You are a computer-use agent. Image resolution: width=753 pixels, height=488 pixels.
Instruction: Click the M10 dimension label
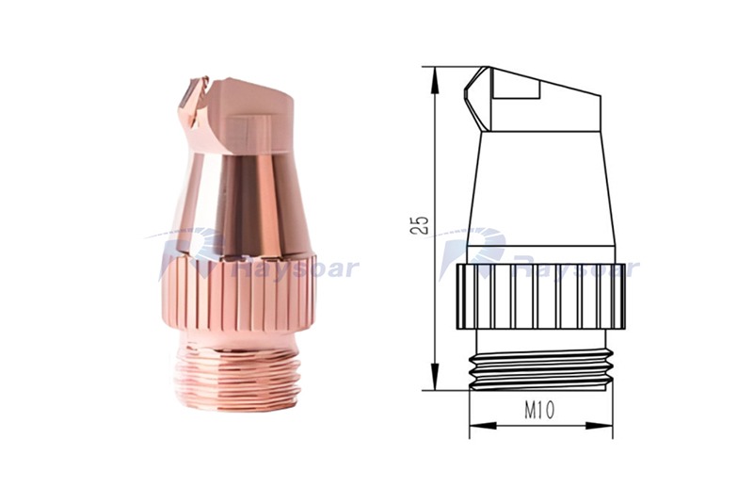coord(538,410)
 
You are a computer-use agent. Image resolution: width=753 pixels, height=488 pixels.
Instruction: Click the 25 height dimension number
coord(419,225)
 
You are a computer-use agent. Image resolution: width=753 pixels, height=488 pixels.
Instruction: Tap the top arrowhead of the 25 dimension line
coord(434,80)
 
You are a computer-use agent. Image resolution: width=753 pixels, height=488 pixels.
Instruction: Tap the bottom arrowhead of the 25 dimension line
coord(434,377)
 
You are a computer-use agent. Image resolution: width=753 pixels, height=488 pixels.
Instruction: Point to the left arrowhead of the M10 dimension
coord(483,426)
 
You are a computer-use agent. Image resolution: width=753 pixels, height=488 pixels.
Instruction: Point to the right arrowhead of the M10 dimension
coord(599,426)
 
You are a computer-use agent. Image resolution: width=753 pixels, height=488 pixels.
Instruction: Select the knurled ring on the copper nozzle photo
coord(237,293)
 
